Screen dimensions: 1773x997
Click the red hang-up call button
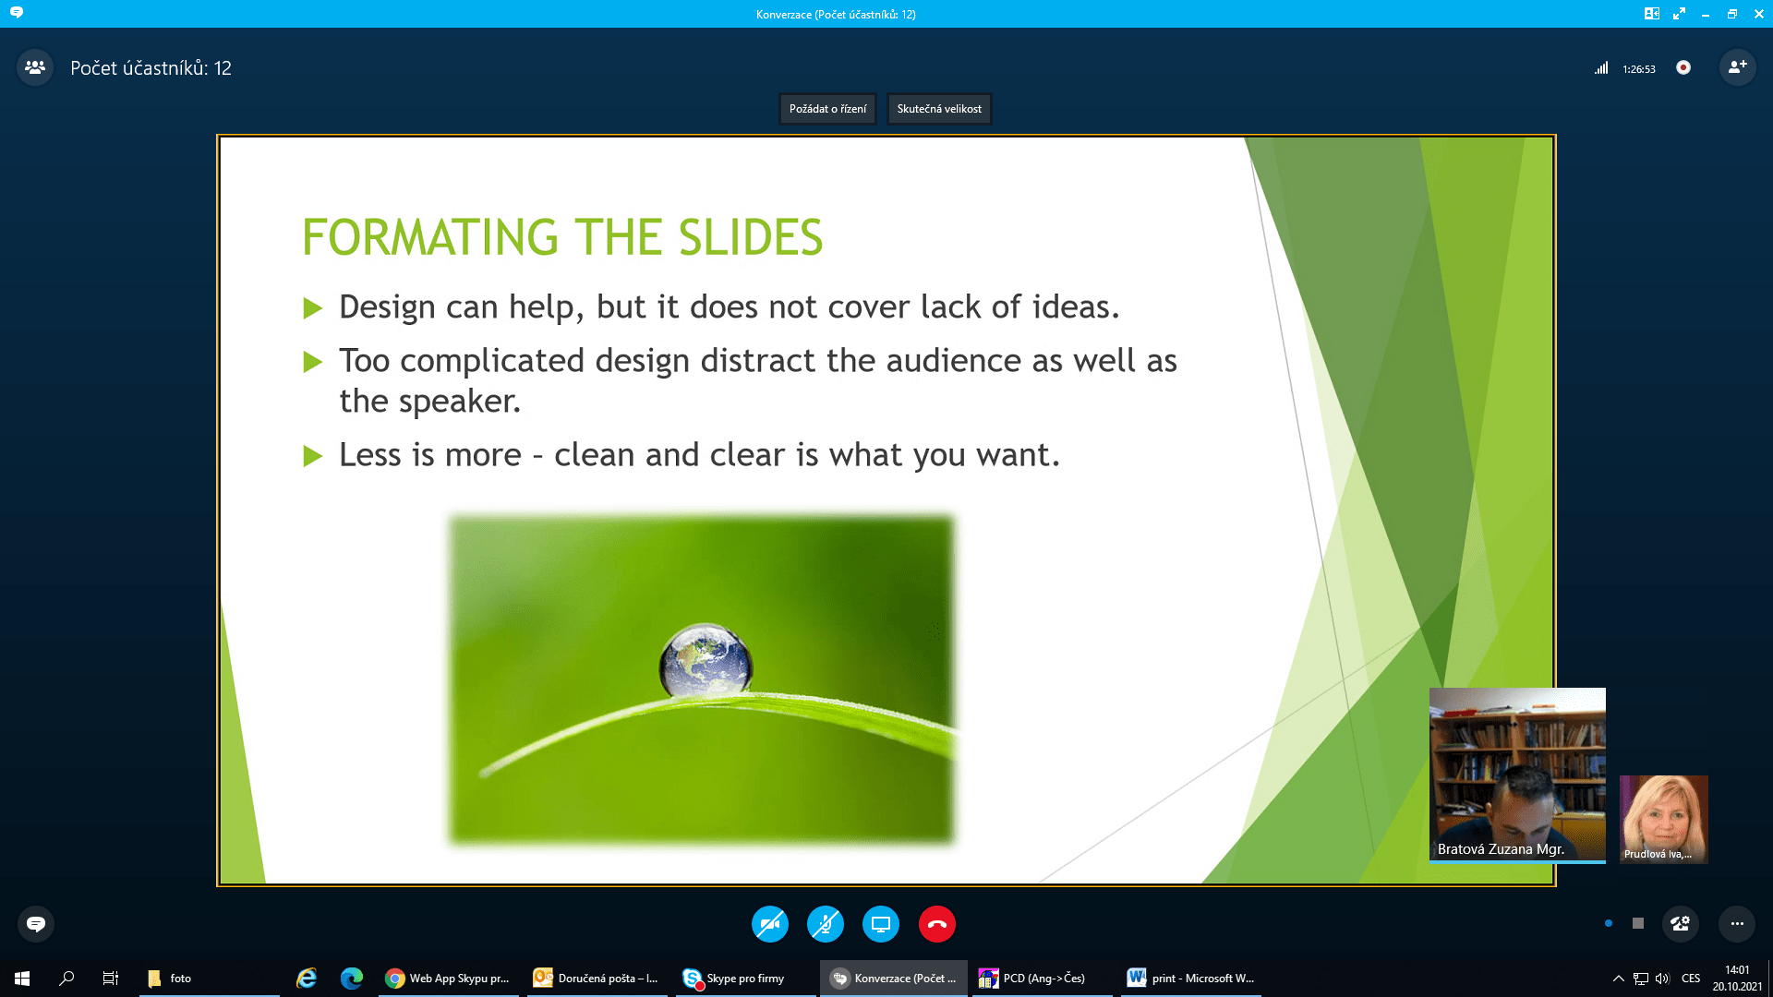pyautogui.click(x=936, y=924)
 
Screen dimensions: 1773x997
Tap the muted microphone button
pyautogui.click(x=826, y=924)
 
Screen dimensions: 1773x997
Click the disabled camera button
pyautogui.click(x=770, y=924)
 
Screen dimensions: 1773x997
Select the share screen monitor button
pyautogui.click(x=881, y=924)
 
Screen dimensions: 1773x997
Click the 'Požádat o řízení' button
pyautogui.click(x=827, y=109)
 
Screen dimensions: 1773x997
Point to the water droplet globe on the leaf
pyautogui.click(x=706, y=660)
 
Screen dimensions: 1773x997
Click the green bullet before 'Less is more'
pyautogui.click(x=313, y=456)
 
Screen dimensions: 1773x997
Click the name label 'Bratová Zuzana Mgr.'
pyautogui.click(x=1501, y=849)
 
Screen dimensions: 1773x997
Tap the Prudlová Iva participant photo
pyautogui.click(x=1664, y=819)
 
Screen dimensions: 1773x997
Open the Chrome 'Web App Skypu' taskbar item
pyautogui.click(x=447, y=979)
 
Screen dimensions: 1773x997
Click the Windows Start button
pyautogui.click(x=22, y=979)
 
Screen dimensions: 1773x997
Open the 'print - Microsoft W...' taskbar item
pyautogui.click(x=1191, y=979)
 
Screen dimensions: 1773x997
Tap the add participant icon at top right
pyautogui.click(x=1737, y=67)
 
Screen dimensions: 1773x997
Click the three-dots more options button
pyautogui.click(x=1737, y=924)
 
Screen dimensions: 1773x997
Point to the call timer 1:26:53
pyautogui.click(x=1639, y=69)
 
